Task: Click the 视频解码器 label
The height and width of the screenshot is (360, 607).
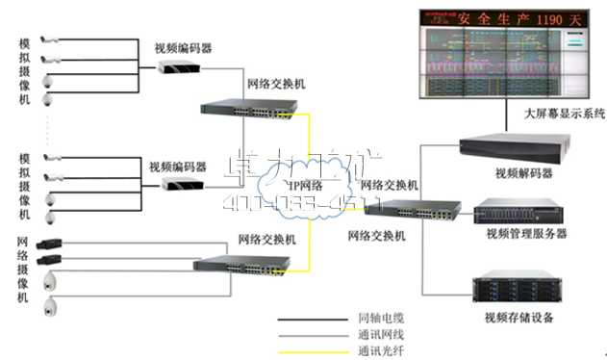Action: [x=523, y=174]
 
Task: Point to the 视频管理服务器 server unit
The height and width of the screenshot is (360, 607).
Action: [x=515, y=211]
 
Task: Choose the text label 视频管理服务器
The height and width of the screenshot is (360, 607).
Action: [x=526, y=233]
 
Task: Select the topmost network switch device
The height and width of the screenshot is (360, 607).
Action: [x=245, y=109]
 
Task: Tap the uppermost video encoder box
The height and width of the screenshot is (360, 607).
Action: [x=179, y=65]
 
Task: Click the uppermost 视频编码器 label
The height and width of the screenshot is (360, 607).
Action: [x=183, y=46]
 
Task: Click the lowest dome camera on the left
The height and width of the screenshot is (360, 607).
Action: [x=51, y=307]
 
